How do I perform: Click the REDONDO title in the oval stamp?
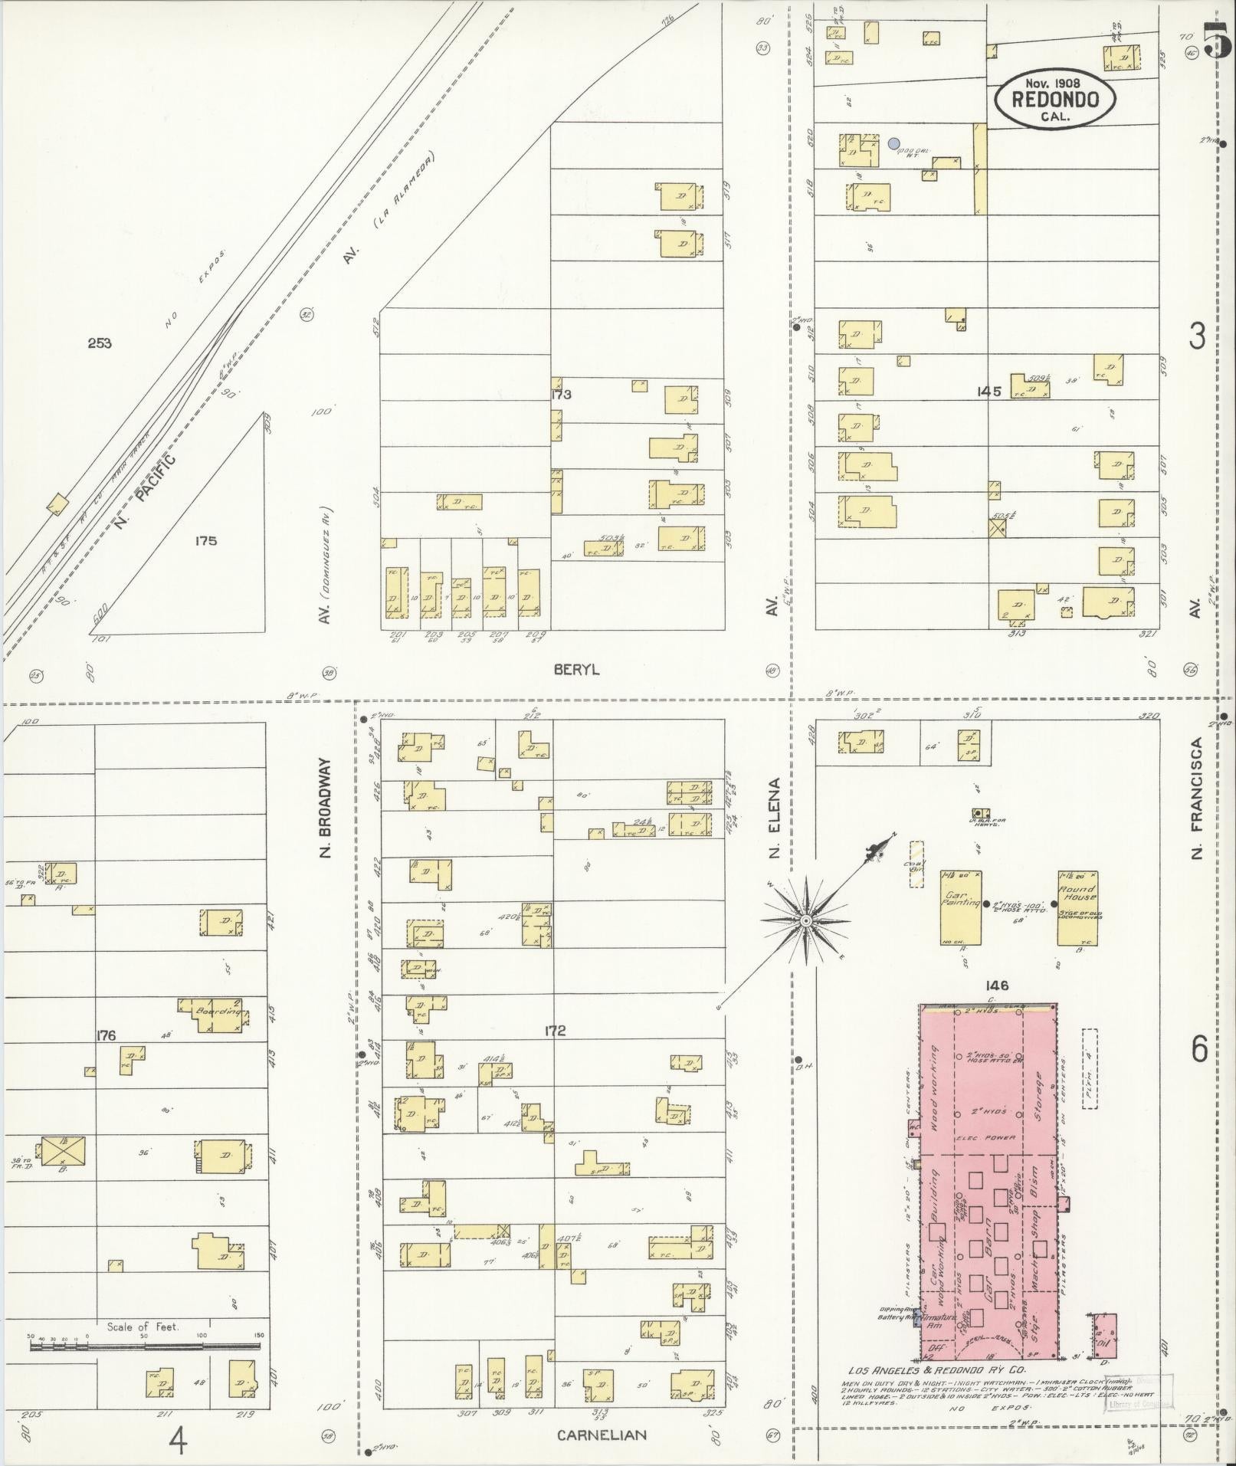coord(1054,99)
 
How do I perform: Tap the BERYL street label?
coord(576,670)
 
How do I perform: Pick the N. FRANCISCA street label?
coord(1198,797)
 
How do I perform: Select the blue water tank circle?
coord(893,143)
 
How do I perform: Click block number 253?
coord(99,343)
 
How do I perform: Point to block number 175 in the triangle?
coord(205,540)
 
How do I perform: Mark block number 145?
coord(988,391)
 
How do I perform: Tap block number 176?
coord(106,1035)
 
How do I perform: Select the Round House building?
coord(1077,907)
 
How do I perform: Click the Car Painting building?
coord(962,907)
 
